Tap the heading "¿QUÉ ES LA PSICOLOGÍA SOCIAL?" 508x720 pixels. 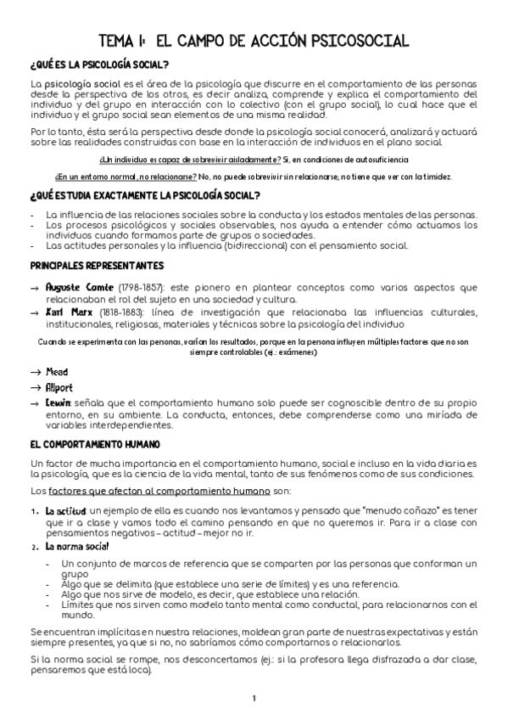click(x=98, y=65)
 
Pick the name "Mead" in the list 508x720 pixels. click(x=58, y=372)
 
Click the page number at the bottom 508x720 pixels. click(x=254, y=699)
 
